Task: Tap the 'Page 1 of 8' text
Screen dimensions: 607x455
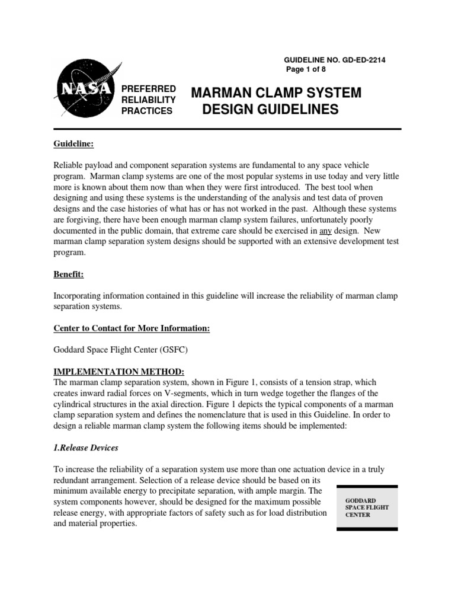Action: (306, 69)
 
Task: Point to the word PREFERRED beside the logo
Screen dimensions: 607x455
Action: (148, 88)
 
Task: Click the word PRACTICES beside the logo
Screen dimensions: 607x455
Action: (146, 110)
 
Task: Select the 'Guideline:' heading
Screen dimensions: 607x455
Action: (74, 144)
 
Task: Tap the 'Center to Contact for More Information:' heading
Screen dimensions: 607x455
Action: (132, 328)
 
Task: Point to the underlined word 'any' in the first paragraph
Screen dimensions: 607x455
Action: (325, 230)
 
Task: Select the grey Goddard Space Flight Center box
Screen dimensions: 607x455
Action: (367, 507)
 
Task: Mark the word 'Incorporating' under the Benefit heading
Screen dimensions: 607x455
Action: (80, 295)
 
